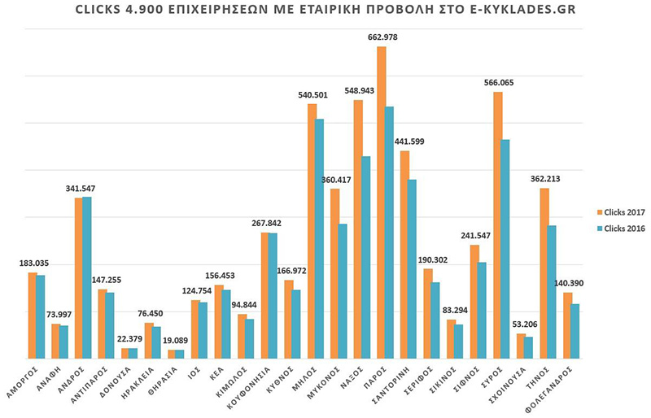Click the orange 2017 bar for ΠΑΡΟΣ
[381, 203]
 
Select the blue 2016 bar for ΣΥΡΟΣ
[506, 249]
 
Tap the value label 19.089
[174, 342]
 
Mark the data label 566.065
[496, 83]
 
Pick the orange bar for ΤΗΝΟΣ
[544, 273]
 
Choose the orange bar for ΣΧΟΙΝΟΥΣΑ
[520, 346]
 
